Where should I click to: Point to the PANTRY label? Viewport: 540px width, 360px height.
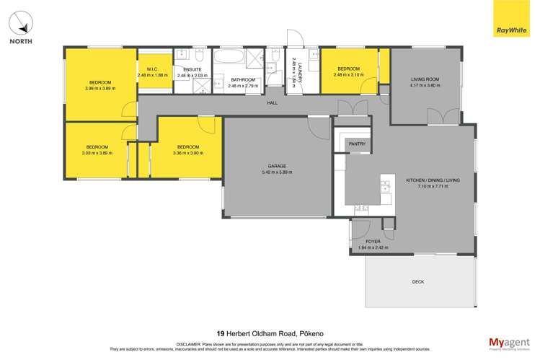click(x=357, y=144)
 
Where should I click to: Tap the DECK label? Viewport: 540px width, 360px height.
click(x=417, y=282)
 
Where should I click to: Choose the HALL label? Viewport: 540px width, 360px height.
click(x=272, y=103)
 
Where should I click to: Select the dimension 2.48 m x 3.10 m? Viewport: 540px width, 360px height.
click(x=350, y=75)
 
